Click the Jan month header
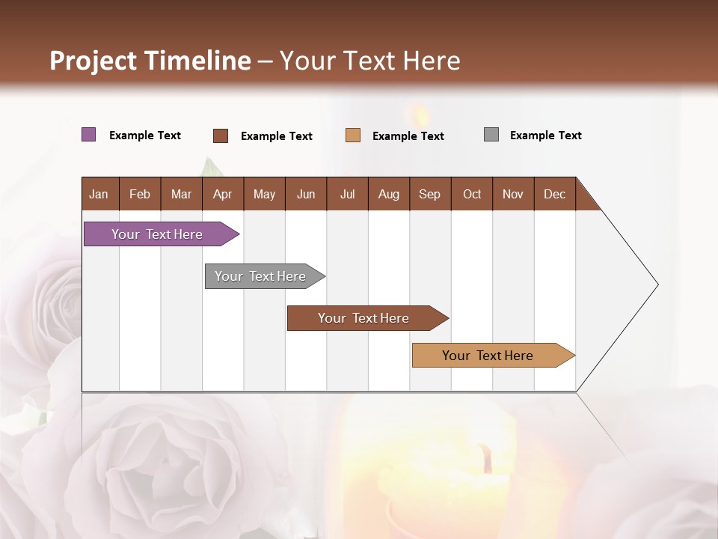tap(99, 194)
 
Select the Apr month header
tap(222, 194)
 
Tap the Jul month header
tap(347, 194)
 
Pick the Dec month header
tap(554, 194)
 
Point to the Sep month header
tap(429, 194)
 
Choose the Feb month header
tap(140, 194)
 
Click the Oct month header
tap(472, 194)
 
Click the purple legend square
tap(88, 135)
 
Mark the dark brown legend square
tap(221, 135)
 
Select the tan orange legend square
tap(353, 135)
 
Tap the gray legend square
tap(491, 135)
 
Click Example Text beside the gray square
tap(545, 135)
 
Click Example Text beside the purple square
tap(145, 135)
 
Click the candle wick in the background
tap(487, 458)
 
